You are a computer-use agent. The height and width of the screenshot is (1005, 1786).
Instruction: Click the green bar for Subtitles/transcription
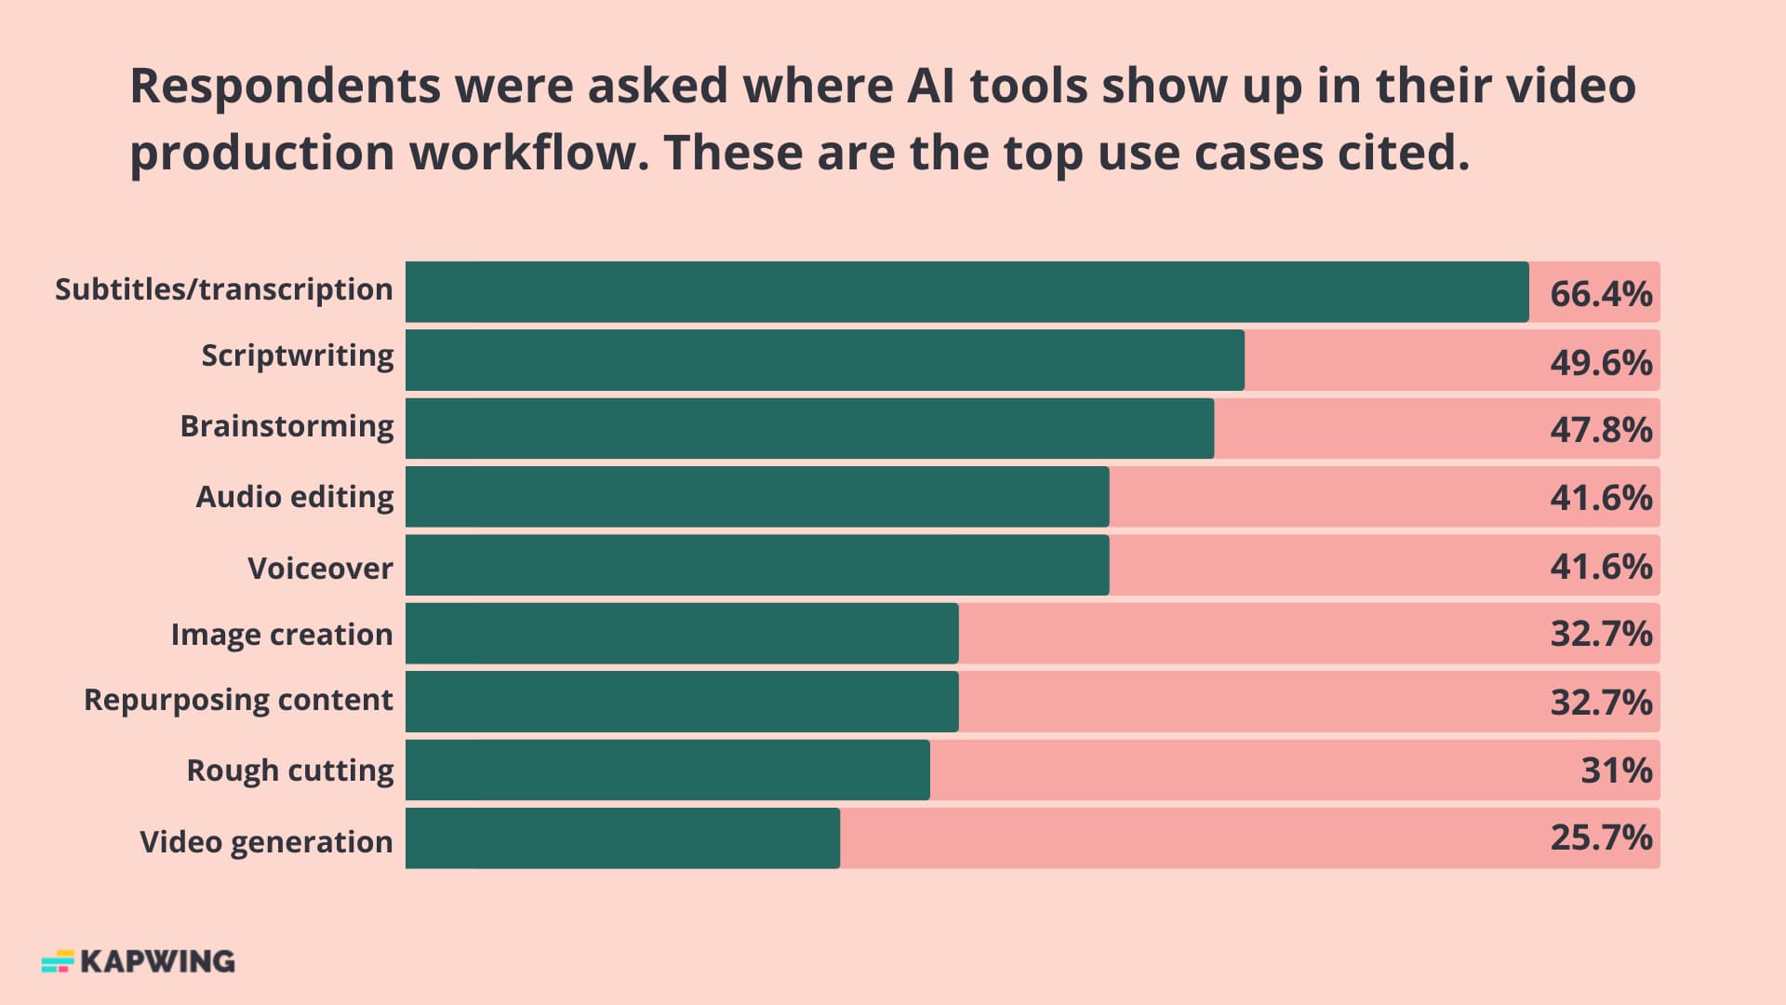pos(966,292)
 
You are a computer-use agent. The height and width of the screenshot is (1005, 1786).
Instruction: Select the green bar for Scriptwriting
pos(824,360)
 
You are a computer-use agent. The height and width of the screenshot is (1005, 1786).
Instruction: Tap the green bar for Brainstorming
pos(809,428)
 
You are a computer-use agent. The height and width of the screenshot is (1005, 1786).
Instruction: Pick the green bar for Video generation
pos(622,838)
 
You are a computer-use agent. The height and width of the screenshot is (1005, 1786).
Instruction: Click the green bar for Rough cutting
pos(667,770)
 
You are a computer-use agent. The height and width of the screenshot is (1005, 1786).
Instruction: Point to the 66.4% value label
pos(1600,294)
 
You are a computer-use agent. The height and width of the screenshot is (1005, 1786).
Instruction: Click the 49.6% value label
pos(1600,362)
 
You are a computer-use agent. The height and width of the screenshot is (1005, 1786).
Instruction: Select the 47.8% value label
pos(1600,430)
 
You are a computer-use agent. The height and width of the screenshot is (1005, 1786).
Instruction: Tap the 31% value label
pos(1616,770)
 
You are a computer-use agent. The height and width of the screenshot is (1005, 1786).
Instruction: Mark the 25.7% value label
pos(1600,838)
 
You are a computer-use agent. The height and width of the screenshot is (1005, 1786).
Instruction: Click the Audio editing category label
pos(294,497)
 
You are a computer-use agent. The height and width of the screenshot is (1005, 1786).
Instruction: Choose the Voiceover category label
pos(320,568)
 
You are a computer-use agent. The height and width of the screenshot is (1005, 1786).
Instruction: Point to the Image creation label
pos(281,635)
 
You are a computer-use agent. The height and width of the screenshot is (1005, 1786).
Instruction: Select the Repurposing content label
pos(238,700)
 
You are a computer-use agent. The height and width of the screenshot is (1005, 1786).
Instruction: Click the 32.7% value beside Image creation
pos(1600,634)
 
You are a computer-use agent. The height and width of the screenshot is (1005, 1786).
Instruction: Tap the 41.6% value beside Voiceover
pos(1600,566)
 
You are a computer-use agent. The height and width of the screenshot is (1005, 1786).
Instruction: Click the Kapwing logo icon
pos(58,961)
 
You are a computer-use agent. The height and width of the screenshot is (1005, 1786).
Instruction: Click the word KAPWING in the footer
pos(157,961)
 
